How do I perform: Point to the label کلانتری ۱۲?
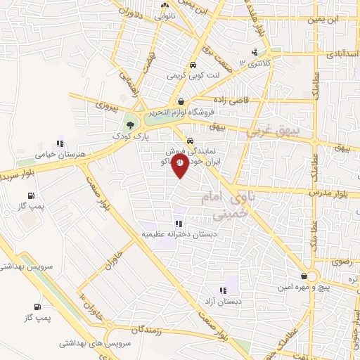point(254,63)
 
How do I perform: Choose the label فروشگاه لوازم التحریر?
point(179,111)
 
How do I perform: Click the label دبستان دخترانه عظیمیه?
point(173,233)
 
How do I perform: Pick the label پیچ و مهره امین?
point(303,287)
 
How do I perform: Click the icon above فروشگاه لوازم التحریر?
point(181,101)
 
